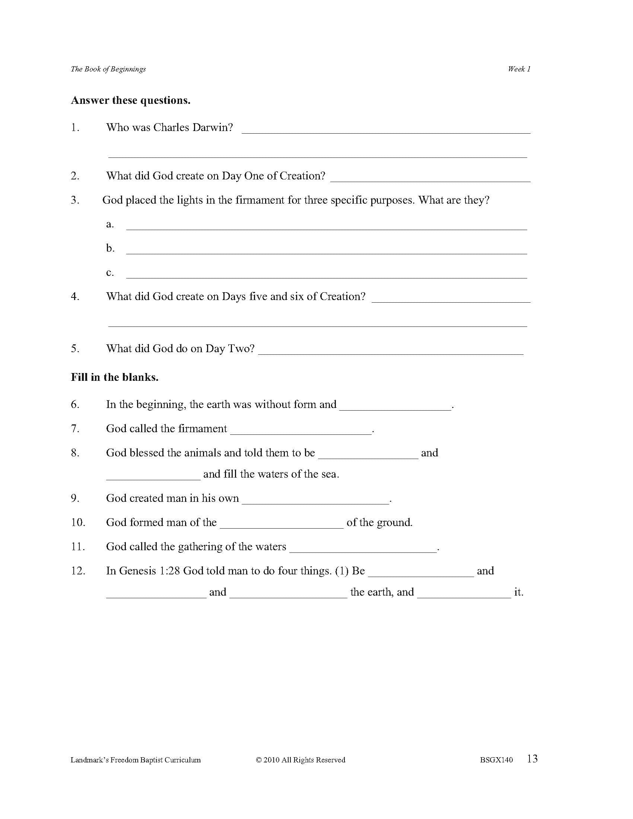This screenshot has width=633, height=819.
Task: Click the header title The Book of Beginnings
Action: coord(108,69)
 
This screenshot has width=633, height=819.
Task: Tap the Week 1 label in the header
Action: coord(519,69)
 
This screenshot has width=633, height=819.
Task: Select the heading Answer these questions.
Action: coord(130,101)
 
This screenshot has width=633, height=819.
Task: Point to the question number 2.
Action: coord(75,176)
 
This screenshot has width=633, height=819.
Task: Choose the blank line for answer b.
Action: coord(326,251)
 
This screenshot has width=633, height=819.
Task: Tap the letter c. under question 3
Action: coord(110,273)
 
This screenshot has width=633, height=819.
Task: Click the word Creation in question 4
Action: coord(342,297)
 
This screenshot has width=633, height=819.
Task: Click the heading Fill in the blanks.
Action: coord(115,377)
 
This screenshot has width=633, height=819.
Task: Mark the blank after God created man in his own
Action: coord(316,501)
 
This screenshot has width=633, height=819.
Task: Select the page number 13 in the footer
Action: coord(532,759)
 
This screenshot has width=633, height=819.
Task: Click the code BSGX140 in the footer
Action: coord(496,760)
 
